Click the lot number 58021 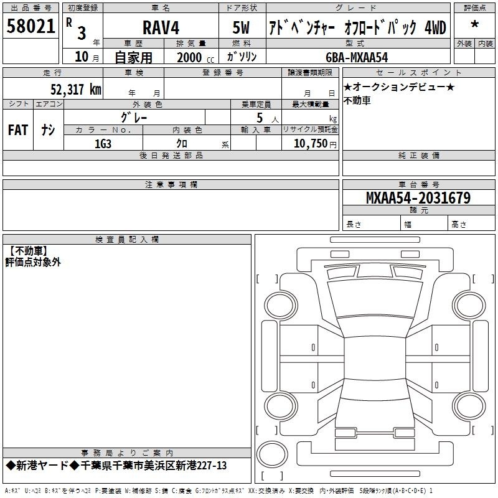coord(31,26)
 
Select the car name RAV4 coord(160,27)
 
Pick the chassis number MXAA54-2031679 coord(418,199)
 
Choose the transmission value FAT coord(17,130)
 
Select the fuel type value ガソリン coord(242,57)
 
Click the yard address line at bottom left coord(116,466)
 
